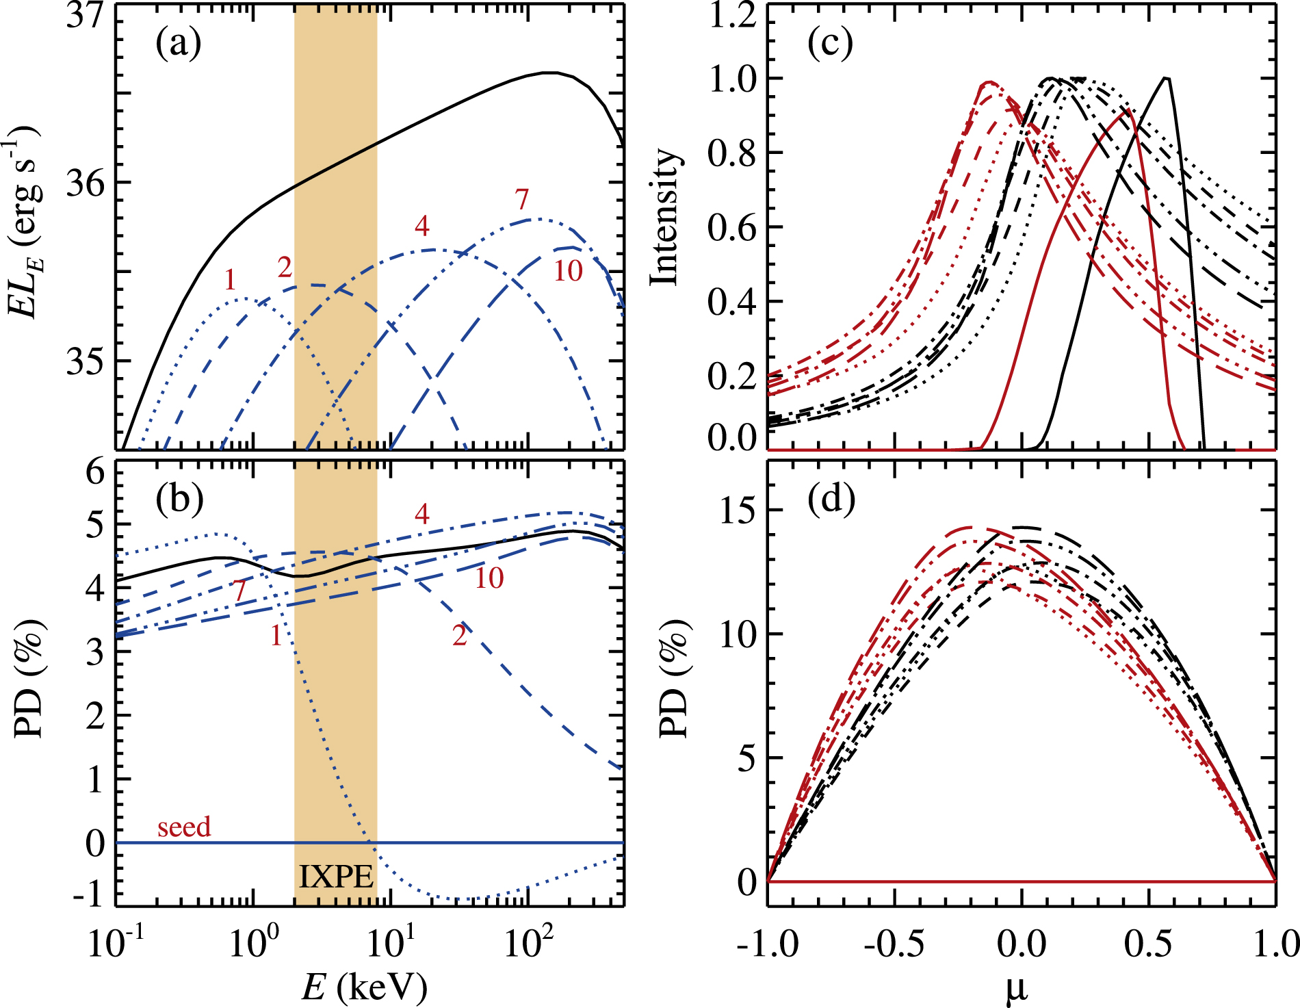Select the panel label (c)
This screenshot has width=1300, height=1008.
[x=830, y=44]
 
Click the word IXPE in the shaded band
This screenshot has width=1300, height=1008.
[x=336, y=877]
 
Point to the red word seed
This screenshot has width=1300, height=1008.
[x=184, y=827]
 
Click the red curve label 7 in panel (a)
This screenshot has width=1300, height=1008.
[x=522, y=200]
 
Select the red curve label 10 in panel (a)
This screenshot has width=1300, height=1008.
[x=568, y=272]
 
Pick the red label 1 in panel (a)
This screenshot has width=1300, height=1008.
[x=230, y=280]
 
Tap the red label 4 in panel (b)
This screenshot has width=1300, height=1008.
[x=421, y=514]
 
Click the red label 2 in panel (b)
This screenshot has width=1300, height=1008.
[x=459, y=636]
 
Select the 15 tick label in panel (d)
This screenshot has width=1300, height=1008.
[x=739, y=511]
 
